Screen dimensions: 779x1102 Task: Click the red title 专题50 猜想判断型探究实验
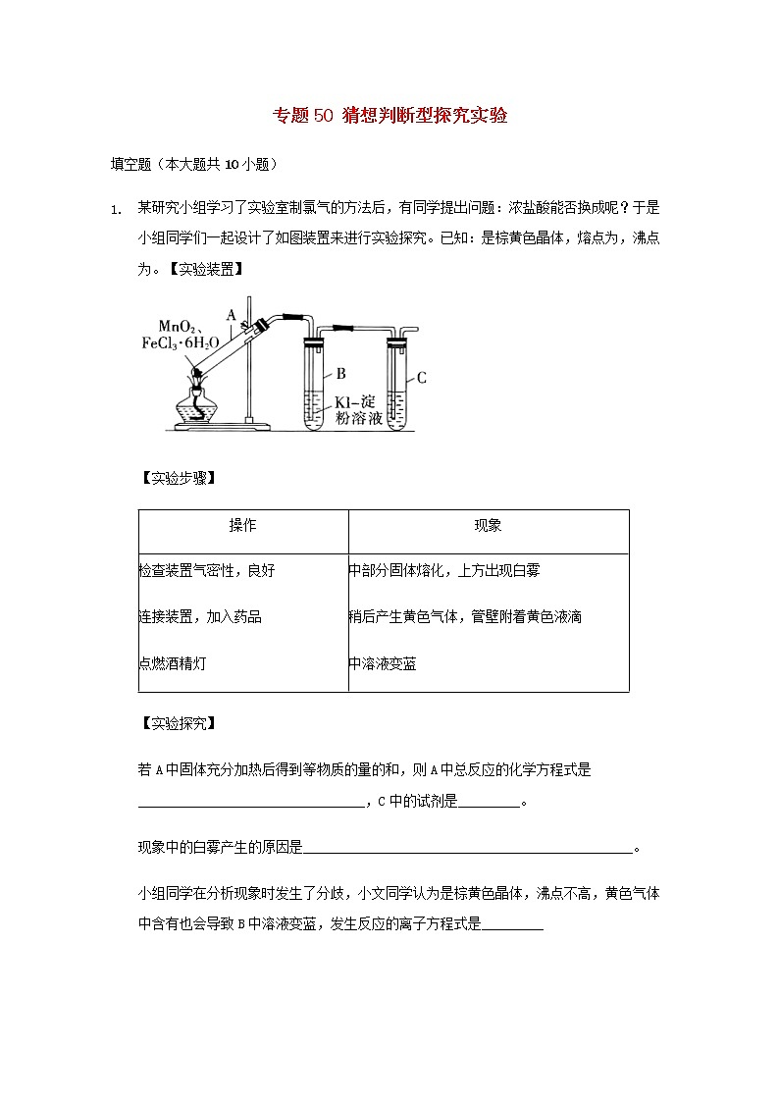point(389,117)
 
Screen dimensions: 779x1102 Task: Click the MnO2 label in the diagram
point(180,326)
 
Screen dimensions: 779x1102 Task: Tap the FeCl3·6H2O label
point(181,342)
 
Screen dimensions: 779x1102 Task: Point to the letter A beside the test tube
point(232,315)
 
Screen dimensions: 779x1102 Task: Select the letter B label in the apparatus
point(341,373)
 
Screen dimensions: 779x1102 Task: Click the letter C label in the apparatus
point(422,377)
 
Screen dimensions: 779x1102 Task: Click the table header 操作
point(243,526)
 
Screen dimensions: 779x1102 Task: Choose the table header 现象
point(488,526)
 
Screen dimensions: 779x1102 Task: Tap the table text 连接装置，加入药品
point(200,617)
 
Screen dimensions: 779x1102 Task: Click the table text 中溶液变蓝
point(383,664)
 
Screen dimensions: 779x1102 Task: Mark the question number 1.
point(115,209)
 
